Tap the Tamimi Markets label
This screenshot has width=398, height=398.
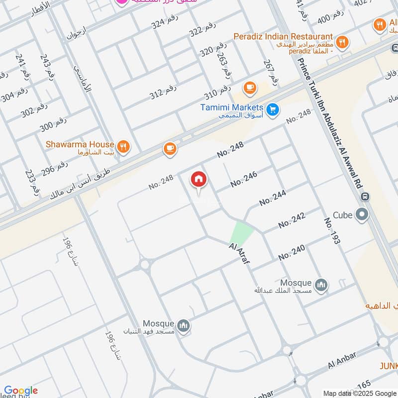[x=231, y=107]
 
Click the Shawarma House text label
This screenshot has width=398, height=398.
[x=80, y=144]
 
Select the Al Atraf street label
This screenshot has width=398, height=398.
[x=239, y=253]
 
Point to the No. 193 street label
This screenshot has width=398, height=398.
[x=332, y=230]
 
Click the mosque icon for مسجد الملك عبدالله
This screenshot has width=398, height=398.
[x=321, y=285]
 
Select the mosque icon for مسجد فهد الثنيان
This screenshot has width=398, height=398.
[x=184, y=325]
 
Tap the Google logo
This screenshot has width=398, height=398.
[x=21, y=391]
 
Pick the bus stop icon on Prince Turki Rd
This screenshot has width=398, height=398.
[x=366, y=197]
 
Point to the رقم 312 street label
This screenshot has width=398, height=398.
[x=163, y=91]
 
